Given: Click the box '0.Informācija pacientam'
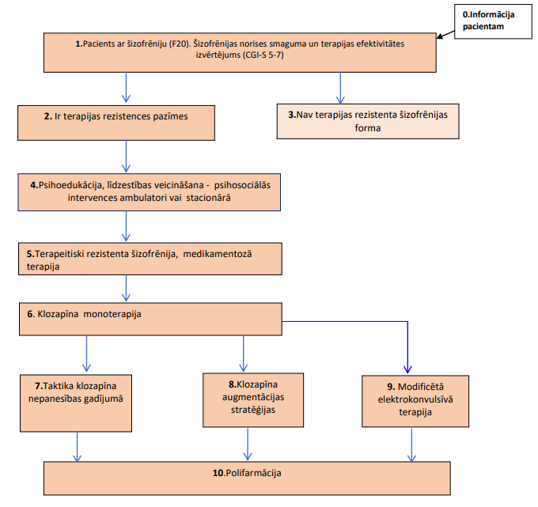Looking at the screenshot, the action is tap(493, 21).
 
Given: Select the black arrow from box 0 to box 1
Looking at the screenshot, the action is tap(445, 35).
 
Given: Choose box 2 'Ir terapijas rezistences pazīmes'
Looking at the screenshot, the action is tap(116, 123).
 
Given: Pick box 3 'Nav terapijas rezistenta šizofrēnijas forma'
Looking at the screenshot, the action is tap(368, 121).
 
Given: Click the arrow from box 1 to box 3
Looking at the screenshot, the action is tap(340, 88).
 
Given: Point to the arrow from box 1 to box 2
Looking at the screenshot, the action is tap(126, 88).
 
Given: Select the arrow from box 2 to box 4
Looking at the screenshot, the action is tap(126, 157).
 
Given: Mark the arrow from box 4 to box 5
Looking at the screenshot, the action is tap(126, 226).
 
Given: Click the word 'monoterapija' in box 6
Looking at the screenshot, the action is tap(112, 314).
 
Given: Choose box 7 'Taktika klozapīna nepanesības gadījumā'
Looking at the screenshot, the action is tap(76, 403).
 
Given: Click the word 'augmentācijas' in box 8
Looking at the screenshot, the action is tap(253, 397).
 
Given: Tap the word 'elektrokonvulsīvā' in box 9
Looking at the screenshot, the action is tap(415, 399).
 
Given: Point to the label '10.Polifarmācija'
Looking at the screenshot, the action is tap(247, 473).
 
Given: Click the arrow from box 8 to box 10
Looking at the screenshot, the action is tap(248, 444).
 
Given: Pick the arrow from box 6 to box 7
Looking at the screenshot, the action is tap(86, 354).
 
